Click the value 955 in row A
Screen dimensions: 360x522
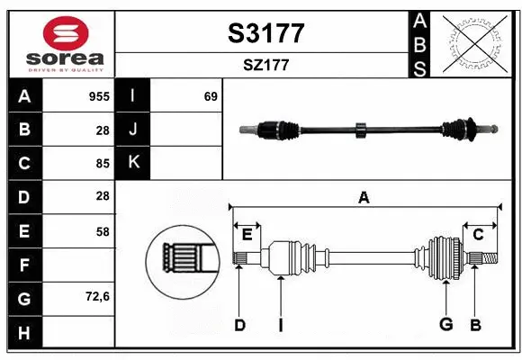pyautogui.click(x=99, y=96)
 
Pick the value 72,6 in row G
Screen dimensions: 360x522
pyautogui.click(x=97, y=297)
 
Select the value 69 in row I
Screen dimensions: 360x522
pyautogui.click(x=211, y=96)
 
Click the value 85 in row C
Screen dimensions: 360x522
pyautogui.click(x=102, y=164)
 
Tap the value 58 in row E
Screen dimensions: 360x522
pyautogui.click(x=102, y=231)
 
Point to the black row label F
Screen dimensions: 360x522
pyautogui.click(x=24, y=265)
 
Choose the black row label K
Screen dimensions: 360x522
pyautogui.click(x=133, y=163)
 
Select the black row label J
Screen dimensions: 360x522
pyautogui.click(x=133, y=130)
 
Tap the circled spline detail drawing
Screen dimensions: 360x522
pyautogui.click(x=184, y=257)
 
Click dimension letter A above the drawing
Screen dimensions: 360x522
pyautogui.click(x=364, y=197)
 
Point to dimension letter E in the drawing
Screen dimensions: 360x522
pyautogui.click(x=247, y=235)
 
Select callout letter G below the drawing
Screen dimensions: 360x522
pyautogui.click(x=445, y=325)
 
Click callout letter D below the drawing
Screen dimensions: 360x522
pyautogui.click(x=239, y=325)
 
